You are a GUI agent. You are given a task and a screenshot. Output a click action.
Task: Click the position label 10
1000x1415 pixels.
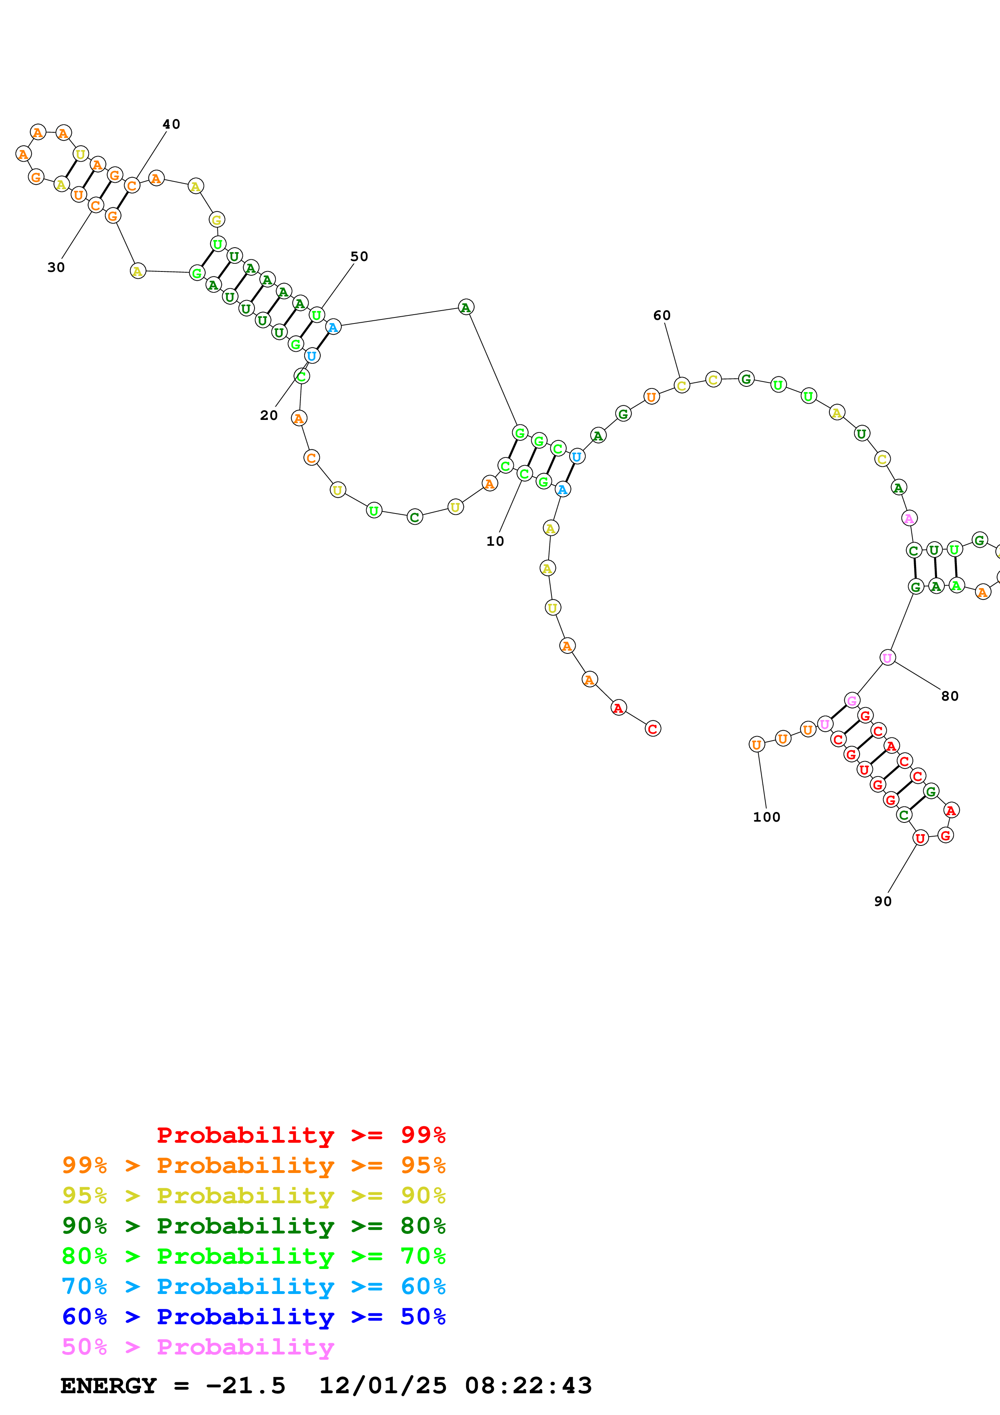(x=495, y=541)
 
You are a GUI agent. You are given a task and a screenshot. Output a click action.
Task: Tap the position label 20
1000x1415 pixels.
(x=269, y=415)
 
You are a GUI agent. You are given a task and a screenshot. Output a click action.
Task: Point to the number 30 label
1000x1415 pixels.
(x=56, y=267)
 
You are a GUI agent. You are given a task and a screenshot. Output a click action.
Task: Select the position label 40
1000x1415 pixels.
(x=171, y=125)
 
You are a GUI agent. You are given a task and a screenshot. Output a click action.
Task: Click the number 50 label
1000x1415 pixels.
(x=359, y=257)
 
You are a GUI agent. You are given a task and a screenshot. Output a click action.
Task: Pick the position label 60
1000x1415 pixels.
(x=662, y=315)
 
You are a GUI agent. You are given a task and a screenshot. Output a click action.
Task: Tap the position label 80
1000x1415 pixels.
(x=950, y=696)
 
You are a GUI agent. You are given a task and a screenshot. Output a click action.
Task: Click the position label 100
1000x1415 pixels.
(x=766, y=817)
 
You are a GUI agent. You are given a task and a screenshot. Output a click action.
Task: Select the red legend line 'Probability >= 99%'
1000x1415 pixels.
(x=301, y=1135)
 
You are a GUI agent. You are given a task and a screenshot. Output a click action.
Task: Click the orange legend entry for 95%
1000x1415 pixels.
(x=253, y=1165)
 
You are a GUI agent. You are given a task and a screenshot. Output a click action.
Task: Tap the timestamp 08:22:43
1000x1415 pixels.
(x=528, y=1386)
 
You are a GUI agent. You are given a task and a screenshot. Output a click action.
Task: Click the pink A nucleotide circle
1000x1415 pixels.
(x=909, y=518)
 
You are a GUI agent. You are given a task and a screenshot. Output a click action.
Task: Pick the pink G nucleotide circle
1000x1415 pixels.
(x=852, y=700)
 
